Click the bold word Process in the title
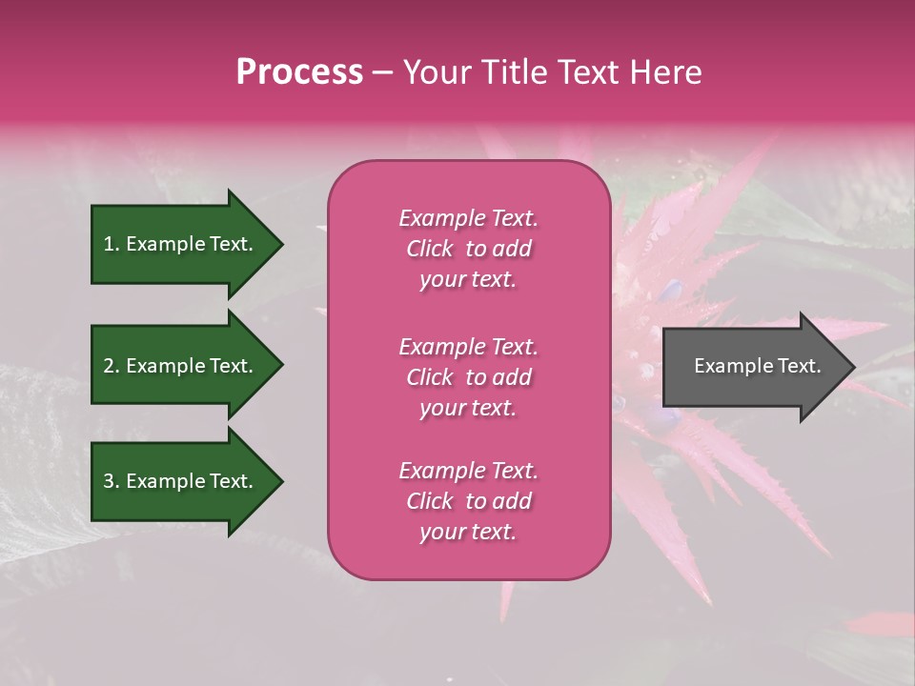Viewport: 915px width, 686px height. pos(299,72)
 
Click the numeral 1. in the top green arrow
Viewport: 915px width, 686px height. pos(111,244)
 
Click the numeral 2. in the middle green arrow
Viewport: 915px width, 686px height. pos(111,366)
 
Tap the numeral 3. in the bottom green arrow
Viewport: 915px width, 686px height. pos(111,481)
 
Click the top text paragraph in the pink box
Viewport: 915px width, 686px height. pos(468,249)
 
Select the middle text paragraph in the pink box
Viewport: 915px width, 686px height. pos(468,377)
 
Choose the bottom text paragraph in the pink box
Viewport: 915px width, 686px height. pos(468,501)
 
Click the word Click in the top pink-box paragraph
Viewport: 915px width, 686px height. pos(429,249)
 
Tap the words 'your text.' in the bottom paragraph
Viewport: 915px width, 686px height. pos(468,532)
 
